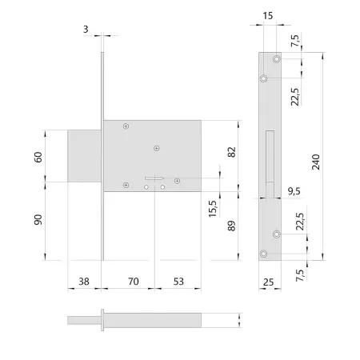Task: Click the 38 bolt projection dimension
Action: (x=84, y=282)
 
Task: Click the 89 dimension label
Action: (x=231, y=226)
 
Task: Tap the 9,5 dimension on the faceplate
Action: (x=294, y=190)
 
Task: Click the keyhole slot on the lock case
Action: (x=154, y=178)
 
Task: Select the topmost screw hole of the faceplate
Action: (x=276, y=60)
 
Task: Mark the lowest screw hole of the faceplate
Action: (x=265, y=254)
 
